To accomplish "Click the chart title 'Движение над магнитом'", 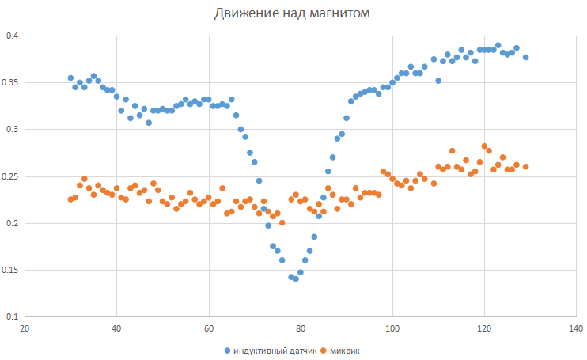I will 293,13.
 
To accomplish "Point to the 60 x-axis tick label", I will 208,328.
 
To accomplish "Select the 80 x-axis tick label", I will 300,328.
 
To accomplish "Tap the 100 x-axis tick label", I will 392,328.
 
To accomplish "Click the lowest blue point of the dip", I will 296,279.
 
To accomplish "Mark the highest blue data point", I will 498,45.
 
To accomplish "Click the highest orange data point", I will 484,146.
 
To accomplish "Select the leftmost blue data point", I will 70,78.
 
